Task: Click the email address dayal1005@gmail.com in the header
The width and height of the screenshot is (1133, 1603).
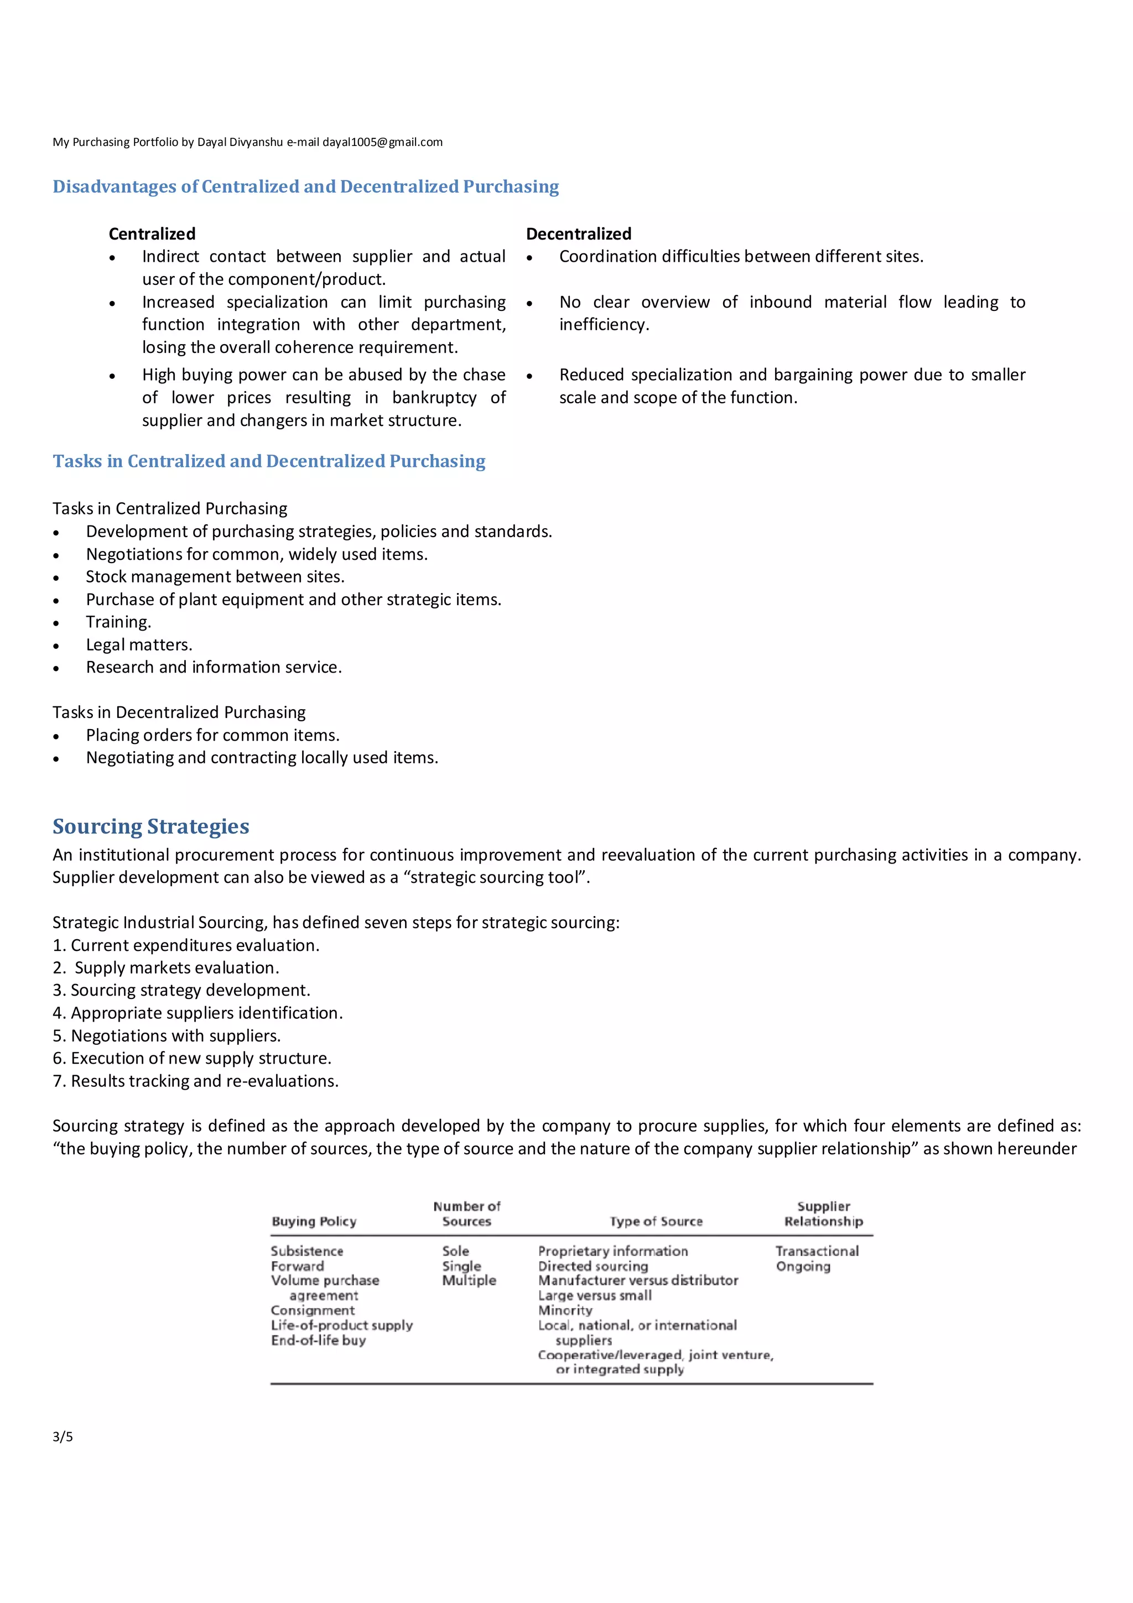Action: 382,142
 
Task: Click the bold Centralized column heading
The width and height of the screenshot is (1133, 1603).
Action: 152,234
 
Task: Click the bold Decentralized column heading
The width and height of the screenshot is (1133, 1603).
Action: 578,234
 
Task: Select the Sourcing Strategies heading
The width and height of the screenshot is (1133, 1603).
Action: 151,826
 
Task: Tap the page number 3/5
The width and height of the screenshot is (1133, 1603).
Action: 63,1436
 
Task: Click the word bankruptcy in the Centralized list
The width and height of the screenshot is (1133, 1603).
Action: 434,398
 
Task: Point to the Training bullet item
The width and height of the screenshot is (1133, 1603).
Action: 118,622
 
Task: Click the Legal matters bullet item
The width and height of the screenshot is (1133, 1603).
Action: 139,645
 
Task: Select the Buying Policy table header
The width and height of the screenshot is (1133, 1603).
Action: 314,1221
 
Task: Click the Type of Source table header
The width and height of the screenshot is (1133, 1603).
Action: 656,1221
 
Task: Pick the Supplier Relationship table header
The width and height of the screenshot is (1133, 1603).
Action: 823,1214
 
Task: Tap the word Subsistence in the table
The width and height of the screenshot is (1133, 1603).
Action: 306,1251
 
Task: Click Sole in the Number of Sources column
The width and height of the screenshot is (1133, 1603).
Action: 455,1251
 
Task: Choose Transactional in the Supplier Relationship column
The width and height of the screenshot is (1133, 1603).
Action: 817,1251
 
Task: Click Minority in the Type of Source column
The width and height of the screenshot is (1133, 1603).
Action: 565,1310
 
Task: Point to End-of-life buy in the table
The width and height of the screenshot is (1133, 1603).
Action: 318,1340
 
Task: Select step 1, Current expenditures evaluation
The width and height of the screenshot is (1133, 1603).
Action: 186,945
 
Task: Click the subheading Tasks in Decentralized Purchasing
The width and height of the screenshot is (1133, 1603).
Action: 179,712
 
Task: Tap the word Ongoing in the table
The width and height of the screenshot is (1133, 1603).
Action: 803,1267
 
